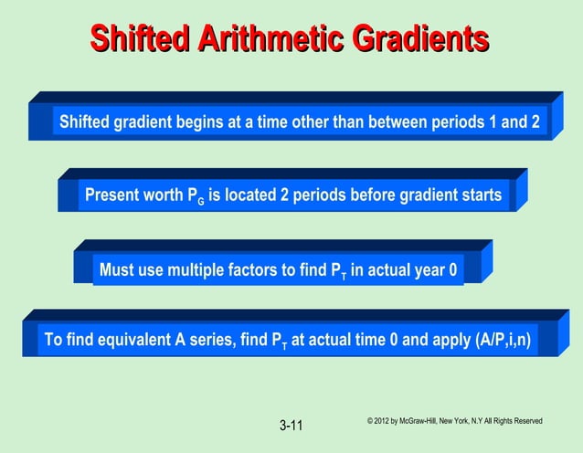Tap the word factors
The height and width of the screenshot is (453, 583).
pos(264,269)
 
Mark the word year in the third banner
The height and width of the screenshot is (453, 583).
pos(426,269)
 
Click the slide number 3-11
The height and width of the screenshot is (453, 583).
pos(291,426)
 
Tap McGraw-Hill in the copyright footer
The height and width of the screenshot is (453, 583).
pos(421,421)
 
